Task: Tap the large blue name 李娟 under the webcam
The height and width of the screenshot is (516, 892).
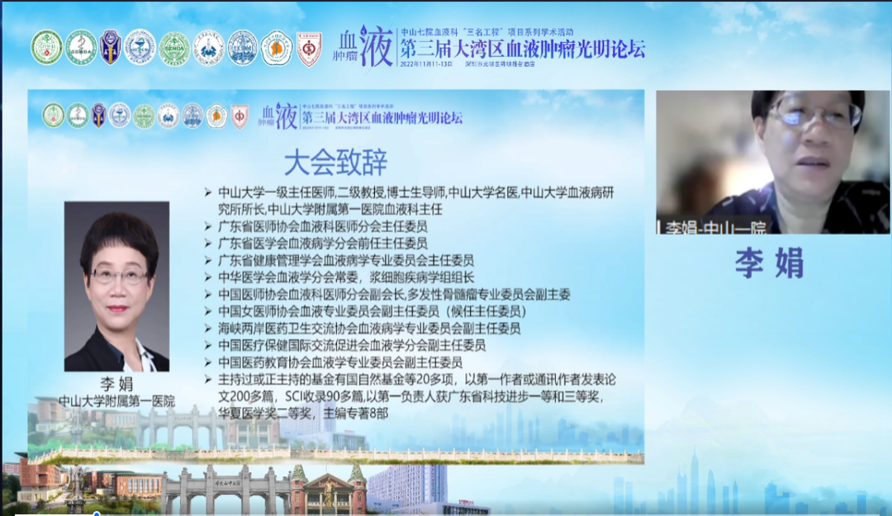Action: [769, 263]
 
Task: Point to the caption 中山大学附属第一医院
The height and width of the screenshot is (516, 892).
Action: [116, 401]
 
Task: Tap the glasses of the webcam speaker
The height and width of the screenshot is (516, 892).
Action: [814, 116]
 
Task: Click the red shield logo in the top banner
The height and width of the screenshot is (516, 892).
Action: [309, 48]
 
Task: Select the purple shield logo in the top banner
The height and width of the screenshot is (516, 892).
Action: [110, 47]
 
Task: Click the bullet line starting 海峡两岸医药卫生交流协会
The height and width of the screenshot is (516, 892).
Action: [368, 329]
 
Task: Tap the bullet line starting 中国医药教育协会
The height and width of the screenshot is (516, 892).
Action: [339, 362]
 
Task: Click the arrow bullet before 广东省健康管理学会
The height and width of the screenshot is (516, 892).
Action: [208, 260]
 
